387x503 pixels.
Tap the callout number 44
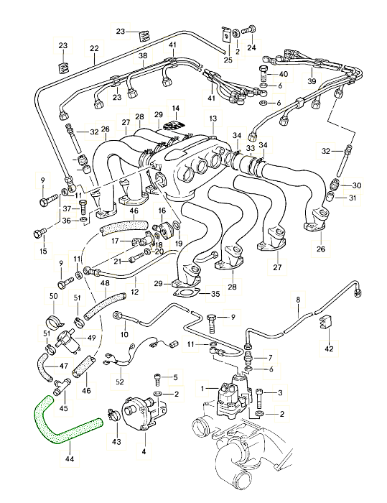point(69,459)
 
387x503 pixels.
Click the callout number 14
point(176,109)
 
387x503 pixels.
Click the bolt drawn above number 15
point(39,233)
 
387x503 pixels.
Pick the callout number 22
point(94,48)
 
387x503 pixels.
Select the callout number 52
point(120,382)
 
